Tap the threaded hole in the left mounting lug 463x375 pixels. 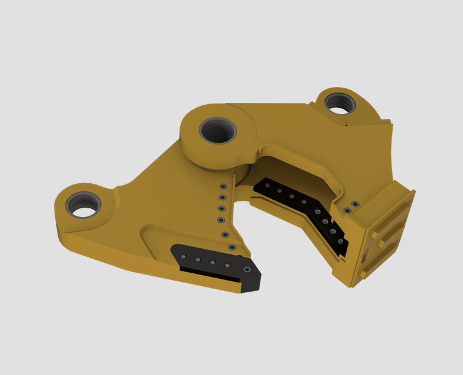[x=84, y=205]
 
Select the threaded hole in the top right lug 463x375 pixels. [x=339, y=102]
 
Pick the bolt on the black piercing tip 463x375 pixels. [x=247, y=270]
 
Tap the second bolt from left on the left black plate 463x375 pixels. [x=198, y=260]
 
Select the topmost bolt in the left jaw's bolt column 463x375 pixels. [x=223, y=186]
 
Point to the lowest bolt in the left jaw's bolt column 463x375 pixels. [x=232, y=247]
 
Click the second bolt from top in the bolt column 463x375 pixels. [x=222, y=197]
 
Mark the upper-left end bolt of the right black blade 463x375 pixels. [x=267, y=184]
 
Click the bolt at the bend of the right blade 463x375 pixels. [x=318, y=211]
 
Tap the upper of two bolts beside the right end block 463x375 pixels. [x=355, y=204]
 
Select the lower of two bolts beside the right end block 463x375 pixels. [x=347, y=211]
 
